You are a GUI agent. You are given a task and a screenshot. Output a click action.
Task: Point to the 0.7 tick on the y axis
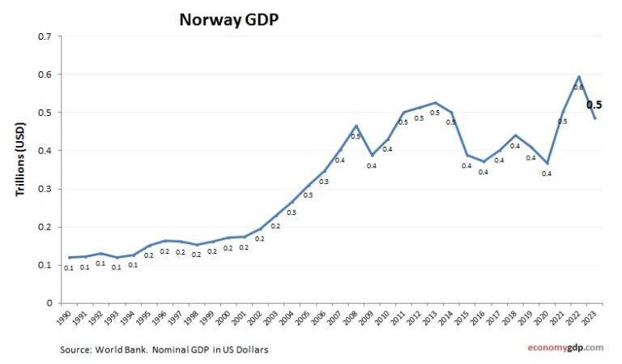(x=45, y=36)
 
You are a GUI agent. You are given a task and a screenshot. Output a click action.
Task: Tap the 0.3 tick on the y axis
(x=45, y=189)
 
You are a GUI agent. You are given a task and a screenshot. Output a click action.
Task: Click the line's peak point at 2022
(x=579, y=77)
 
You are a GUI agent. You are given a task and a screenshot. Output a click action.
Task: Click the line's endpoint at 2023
(x=594, y=118)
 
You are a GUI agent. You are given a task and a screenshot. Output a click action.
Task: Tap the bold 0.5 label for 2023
(x=594, y=105)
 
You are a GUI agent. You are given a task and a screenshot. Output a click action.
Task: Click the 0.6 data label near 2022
(x=577, y=88)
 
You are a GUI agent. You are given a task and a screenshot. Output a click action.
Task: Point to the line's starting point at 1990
(x=70, y=257)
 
